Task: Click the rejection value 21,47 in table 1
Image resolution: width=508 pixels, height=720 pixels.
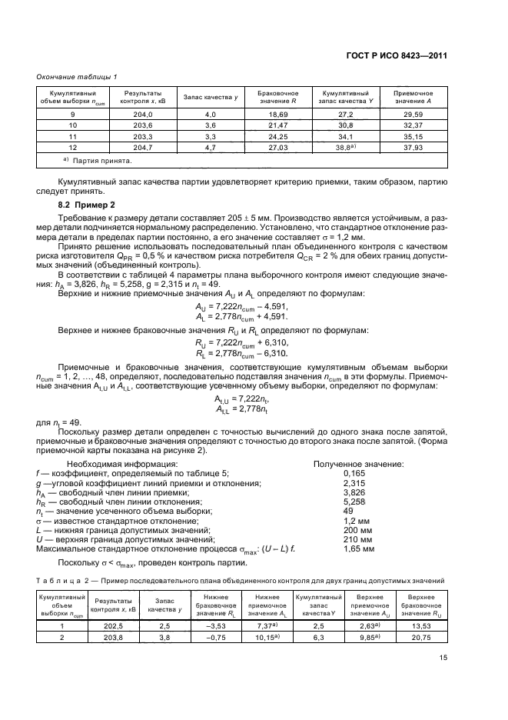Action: [266, 124]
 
